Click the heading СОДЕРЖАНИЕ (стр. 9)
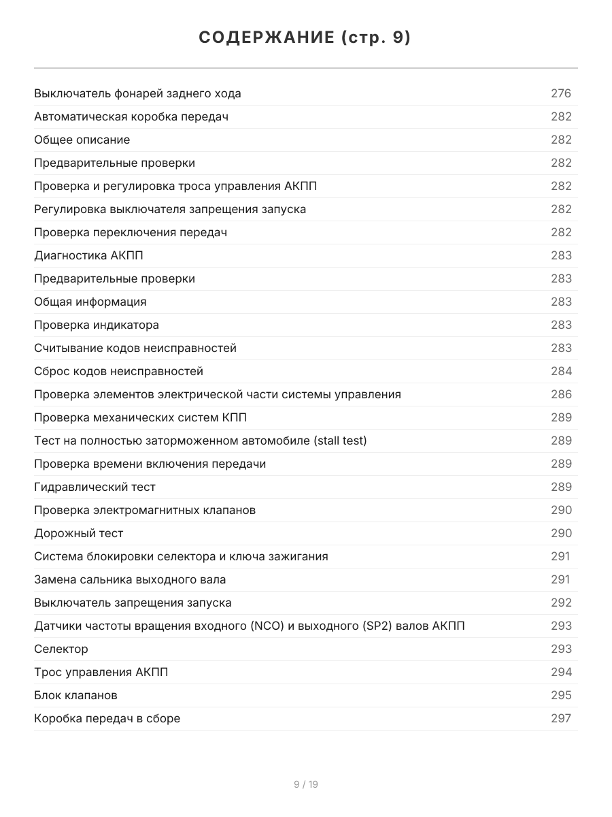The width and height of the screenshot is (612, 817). coord(305,38)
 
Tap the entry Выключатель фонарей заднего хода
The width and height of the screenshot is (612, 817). coord(137,93)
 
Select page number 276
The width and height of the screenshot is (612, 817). coord(561,93)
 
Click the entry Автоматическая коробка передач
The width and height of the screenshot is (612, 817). coord(131,116)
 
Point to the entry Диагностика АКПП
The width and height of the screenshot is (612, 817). coord(88,255)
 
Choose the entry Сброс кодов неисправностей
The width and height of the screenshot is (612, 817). coord(118,371)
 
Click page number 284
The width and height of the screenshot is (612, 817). coord(561,371)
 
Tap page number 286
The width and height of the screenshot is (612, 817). coord(561,394)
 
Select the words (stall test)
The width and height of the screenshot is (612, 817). coord(340,440)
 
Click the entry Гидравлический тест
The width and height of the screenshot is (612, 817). coord(95,487)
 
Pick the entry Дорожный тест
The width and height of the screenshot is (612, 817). coord(79,533)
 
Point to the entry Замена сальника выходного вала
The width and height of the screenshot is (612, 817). coord(130,579)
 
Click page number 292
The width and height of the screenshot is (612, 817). coord(561,603)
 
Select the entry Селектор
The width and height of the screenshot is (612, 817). coord(61,649)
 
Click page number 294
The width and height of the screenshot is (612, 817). coord(561,672)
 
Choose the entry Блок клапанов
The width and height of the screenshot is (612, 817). coord(75,695)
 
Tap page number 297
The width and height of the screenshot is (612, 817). coord(561,718)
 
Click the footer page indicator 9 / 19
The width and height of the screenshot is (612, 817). coord(306,784)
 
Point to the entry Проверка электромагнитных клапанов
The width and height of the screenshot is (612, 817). coord(145,510)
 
